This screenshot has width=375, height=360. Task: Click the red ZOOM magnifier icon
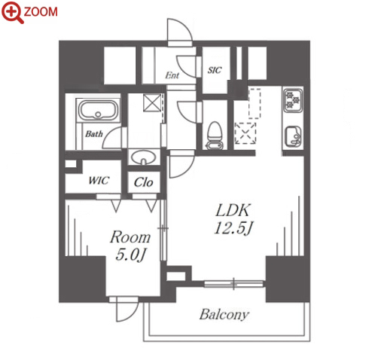click(12, 12)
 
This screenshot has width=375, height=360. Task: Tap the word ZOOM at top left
click(41, 12)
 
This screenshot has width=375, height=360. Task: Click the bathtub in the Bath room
click(98, 110)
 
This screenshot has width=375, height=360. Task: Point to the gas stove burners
click(293, 99)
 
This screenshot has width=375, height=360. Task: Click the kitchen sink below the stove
click(294, 136)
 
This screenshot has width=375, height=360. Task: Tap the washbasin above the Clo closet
click(144, 157)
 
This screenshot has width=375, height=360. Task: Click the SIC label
click(215, 70)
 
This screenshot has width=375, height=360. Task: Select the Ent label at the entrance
click(172, 75)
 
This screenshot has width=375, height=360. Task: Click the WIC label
click(99, 181)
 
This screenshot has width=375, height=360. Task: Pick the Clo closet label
click(143, 182)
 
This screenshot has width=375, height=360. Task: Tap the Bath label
click(94, 134)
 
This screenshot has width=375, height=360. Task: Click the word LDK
click(233, 210)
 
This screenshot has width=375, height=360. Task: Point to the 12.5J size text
click(233, 228)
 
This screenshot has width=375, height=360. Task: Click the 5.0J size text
click(130, 255)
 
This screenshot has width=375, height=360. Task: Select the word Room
click(130, 237)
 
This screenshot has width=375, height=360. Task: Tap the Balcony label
click(224, 314)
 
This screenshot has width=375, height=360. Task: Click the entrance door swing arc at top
click(187, 28)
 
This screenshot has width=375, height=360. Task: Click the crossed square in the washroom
click(152, 103)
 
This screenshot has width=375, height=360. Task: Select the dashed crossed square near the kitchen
click(245, 133)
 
